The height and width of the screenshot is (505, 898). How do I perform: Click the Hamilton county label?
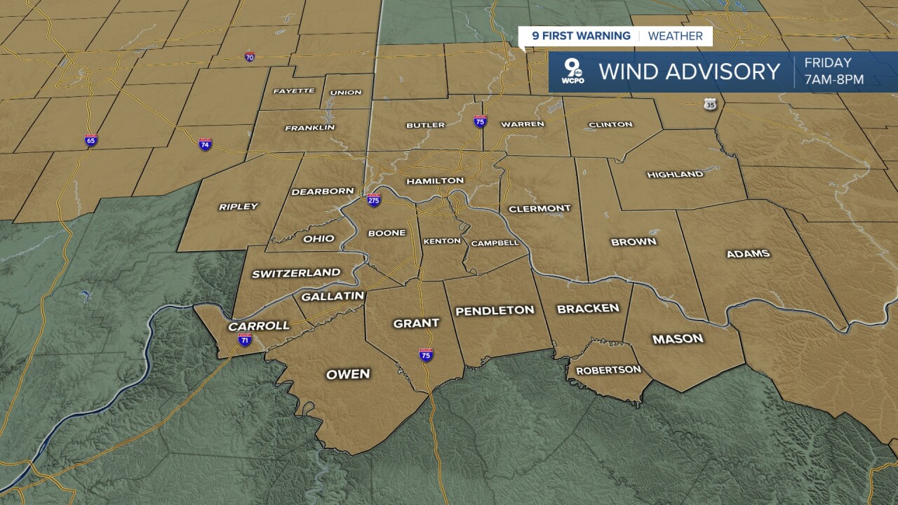pos(435,180)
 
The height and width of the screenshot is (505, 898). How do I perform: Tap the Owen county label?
pos(348,375)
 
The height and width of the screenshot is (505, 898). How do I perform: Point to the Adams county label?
pos(748,254)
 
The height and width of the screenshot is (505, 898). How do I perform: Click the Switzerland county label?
pos(296,274)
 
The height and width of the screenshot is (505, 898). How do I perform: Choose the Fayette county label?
pos(294,91)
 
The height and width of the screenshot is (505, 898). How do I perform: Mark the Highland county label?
pos(675,175)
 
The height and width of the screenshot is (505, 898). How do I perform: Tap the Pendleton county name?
pos(495,311)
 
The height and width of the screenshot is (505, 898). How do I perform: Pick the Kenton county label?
pos(442,241)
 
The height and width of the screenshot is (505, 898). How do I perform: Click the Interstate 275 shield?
pos(374,200)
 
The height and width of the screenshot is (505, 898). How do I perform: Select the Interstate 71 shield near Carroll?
pos(245,340)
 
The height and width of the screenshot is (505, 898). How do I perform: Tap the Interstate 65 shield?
pos(91,140)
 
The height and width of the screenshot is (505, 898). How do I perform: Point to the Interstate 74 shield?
pos(205,144)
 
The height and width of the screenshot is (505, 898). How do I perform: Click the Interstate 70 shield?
pos(250,56)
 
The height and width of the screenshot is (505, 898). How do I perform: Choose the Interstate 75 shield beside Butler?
pos(481,121)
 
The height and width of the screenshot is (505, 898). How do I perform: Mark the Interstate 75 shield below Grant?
pos(426,355)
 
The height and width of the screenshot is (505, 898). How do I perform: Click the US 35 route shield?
pos(711,104)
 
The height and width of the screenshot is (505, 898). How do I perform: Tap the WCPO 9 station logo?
pos(573,72)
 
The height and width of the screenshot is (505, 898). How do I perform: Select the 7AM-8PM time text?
pos(834,80)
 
